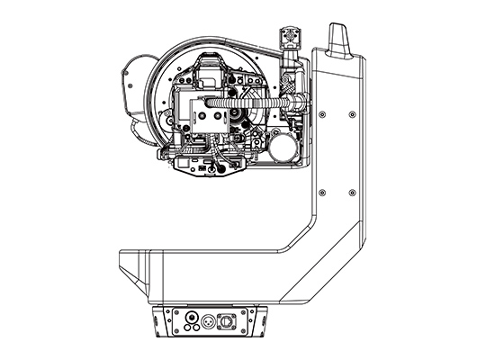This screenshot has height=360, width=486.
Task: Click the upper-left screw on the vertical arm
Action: (x=320, y=113)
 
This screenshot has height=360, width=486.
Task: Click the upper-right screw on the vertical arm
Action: (x=349, y=113)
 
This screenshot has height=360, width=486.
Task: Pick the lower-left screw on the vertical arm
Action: (x=320, y=193)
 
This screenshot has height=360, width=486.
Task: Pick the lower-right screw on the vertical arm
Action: (x=349, y=193)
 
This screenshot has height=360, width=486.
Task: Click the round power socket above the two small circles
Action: (x=190, y=316)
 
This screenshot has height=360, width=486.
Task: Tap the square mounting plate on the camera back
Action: (x=200, y=113)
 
